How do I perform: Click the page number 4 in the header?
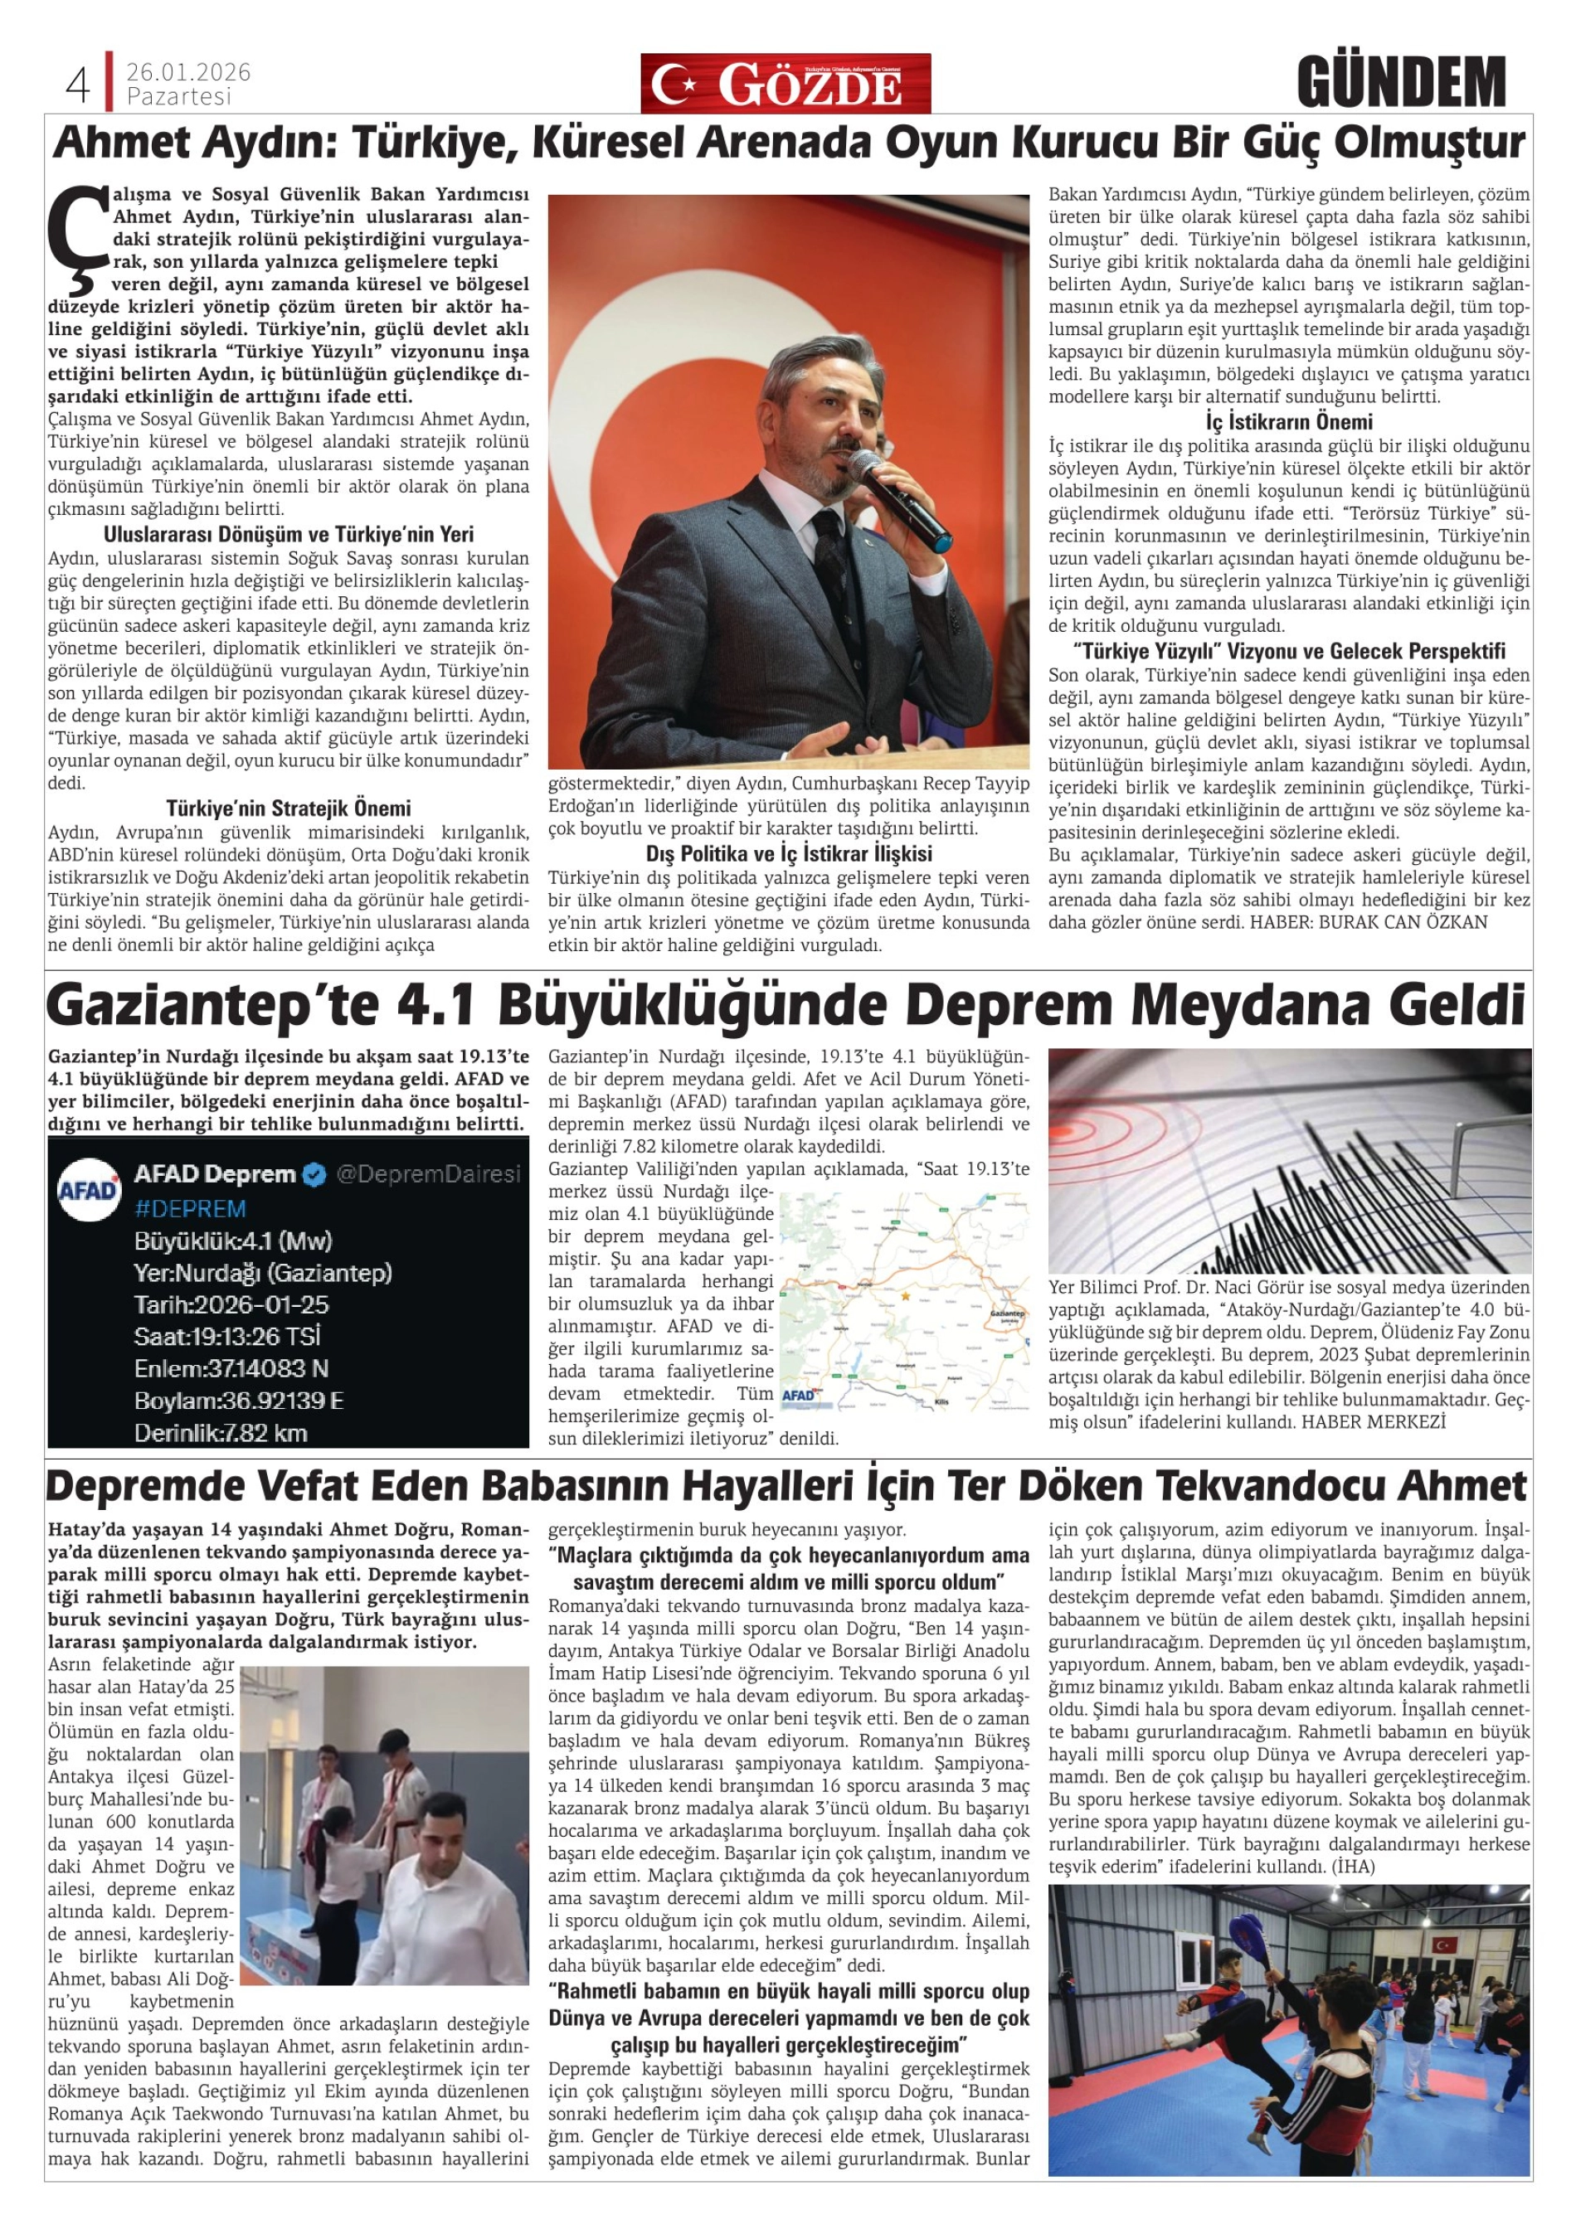[x=78, y=85]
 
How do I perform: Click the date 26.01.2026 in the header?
[x=188, y=73]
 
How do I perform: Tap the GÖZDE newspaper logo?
[x=785, y=85]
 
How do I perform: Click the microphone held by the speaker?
[x=899, y=496]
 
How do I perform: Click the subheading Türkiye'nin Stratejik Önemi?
[x=289, y=809]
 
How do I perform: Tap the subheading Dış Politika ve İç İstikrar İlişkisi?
[x=789, y=854]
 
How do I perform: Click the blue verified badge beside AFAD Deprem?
[x=314, y=1175]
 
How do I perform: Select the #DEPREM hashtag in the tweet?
[x=190, y=1209]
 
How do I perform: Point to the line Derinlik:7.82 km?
[x=221, y=1432]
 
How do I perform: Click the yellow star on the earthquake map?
[x=905, y=1295]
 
